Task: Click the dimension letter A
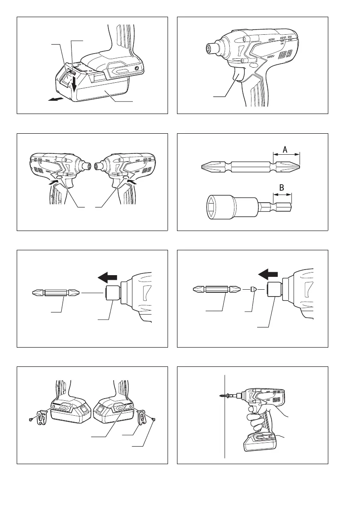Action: coord(285,150)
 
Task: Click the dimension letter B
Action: coord(282,188)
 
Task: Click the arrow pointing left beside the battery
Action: coord(54,99)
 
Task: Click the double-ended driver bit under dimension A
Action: coord(251,168)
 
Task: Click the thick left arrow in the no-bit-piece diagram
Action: coord(108,278)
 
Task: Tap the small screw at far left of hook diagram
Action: coord(30,420)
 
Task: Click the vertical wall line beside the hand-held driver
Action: coord(225,416)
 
